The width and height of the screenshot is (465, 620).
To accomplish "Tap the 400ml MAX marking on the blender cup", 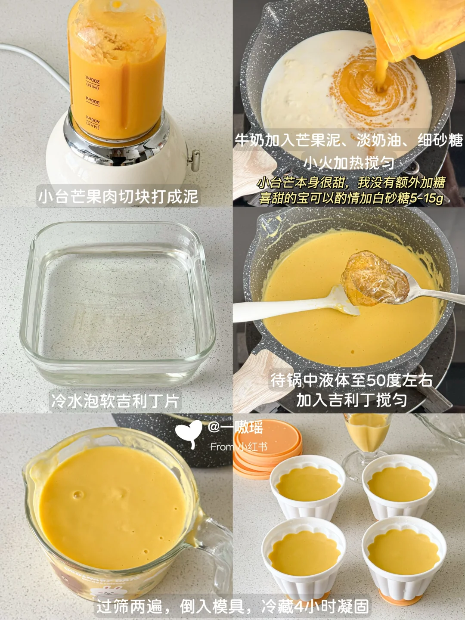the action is pyautogui.click(x=93, y=123).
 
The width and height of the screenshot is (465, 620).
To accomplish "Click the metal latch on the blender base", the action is pyautogui.click(x=194, y=161).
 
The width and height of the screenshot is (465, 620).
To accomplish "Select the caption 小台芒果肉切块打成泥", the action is pyautogui.click(x=118, y=196).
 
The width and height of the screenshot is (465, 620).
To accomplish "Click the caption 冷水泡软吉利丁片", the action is pyautogui.click(x=115, y=401).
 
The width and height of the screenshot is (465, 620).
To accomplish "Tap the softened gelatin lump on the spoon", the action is pyautogui.click(x=375, y=278).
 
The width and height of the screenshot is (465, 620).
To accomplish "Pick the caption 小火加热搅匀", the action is pyautogui.click(x=349, y=163).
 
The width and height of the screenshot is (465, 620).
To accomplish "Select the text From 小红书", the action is pyautogui.click(x=239, y=447).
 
